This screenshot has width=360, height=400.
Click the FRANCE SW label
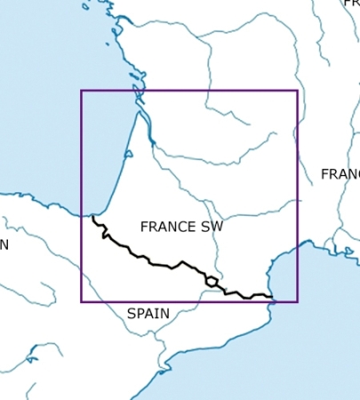click(x=181, y=227)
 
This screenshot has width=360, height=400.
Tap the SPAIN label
click(x=148, y=314)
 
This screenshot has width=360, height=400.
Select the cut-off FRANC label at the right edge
click(x=340, y=174)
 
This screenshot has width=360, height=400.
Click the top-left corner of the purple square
click(x=81, y=90)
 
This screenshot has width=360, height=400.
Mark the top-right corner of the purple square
click(x=297, y=90)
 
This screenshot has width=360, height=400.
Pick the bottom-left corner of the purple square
click(x=81, y=301)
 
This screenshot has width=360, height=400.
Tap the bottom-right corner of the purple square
click(x=297, y=301)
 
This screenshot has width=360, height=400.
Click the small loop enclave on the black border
click(x=212, y=282)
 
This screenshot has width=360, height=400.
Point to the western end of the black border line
click(x=93, y=216)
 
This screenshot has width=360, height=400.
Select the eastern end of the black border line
click(x=271, y=297)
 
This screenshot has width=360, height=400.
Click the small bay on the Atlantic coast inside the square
click(x=128, y=155)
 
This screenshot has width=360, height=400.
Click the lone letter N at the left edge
click(x=4, y=244)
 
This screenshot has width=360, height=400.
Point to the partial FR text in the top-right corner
click(x=351, y=4)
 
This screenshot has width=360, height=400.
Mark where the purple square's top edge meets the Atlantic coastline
click(x=137, y=90)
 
